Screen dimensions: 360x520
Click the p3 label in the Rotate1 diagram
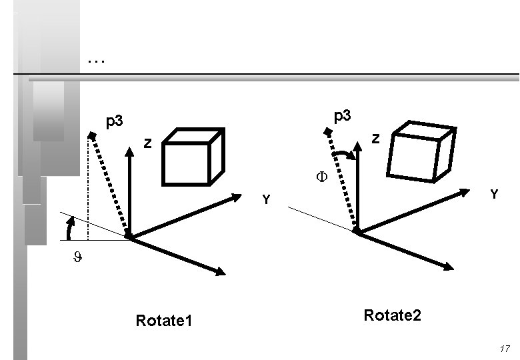[x=115, y=121]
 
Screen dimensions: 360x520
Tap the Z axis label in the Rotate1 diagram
[x=149, y=143]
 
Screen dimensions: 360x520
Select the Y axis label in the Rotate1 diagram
[x=266, y=200]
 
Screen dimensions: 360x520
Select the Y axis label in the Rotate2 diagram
[x=494, y=194]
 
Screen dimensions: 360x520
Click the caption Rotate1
[x=164, y=321]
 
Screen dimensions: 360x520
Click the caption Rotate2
[x=393, y=315]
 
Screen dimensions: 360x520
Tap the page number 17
[x=504, y=349]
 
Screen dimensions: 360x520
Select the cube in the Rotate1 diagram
[x=193, y=157]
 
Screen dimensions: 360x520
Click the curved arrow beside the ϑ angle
[x=69, y=229]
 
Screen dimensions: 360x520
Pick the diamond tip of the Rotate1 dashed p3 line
[x=91, y=135]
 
